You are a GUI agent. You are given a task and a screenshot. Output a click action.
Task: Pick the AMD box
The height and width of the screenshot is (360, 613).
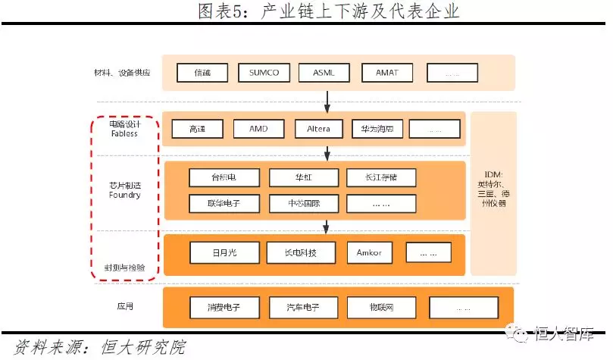(258, 129)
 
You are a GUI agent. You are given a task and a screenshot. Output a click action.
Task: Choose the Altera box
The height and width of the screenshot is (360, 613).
(318, 129)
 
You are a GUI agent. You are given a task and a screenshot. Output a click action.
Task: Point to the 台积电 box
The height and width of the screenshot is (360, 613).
(224, 178)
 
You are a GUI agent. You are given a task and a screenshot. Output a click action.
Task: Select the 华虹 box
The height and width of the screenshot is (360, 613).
(303, 178)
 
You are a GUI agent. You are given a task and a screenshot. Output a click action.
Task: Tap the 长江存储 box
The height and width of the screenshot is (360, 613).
(381, 178)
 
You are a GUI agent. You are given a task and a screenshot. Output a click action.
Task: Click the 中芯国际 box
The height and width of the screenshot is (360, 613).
(303, 204)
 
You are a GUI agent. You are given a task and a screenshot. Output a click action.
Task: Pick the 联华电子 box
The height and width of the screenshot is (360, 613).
(224, 204)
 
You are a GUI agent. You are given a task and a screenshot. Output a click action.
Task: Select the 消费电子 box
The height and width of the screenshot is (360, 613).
(224, 308)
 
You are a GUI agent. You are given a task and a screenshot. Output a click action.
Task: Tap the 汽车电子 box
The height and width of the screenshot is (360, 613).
(303, 308)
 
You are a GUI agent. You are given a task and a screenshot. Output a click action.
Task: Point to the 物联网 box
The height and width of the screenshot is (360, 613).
(382, 308)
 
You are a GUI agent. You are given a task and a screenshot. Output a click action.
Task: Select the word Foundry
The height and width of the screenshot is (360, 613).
(124, 196)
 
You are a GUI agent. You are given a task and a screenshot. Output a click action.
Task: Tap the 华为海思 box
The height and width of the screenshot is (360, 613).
(378, 129)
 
